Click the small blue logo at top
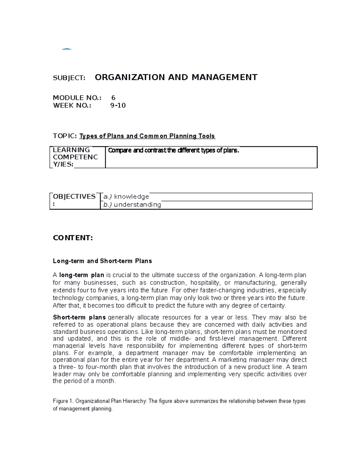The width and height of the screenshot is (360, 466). pyautogui.click(x=67, y=49)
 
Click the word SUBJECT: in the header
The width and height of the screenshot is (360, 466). pyautogui.click(x=69, y=78)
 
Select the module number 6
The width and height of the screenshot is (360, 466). pyautogui.click(x=113, y=98)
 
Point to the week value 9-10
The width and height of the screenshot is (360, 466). pyautogui.click(x=118, y=106)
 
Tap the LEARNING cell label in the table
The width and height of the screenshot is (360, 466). pyautogui.click(x=71, y=150)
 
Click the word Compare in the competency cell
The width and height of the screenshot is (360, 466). pyautogui.click(x=120, y=151)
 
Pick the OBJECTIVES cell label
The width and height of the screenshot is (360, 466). pyautogui.click(x=74, y=197)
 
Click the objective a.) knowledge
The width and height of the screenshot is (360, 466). pyautogui.click(x=126, y=197)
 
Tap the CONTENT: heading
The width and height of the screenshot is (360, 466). pyautogui.click(x=73, y=238)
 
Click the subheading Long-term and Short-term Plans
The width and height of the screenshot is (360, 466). pyautogui.click(x=102, y=261)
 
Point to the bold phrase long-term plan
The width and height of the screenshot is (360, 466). pyautogui.click(x=82, y=275)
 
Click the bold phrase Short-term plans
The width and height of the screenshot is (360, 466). pyautogui.click(x=79, y=317)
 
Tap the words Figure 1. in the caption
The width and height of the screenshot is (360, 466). pyautogui.click(x=63, y=401)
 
